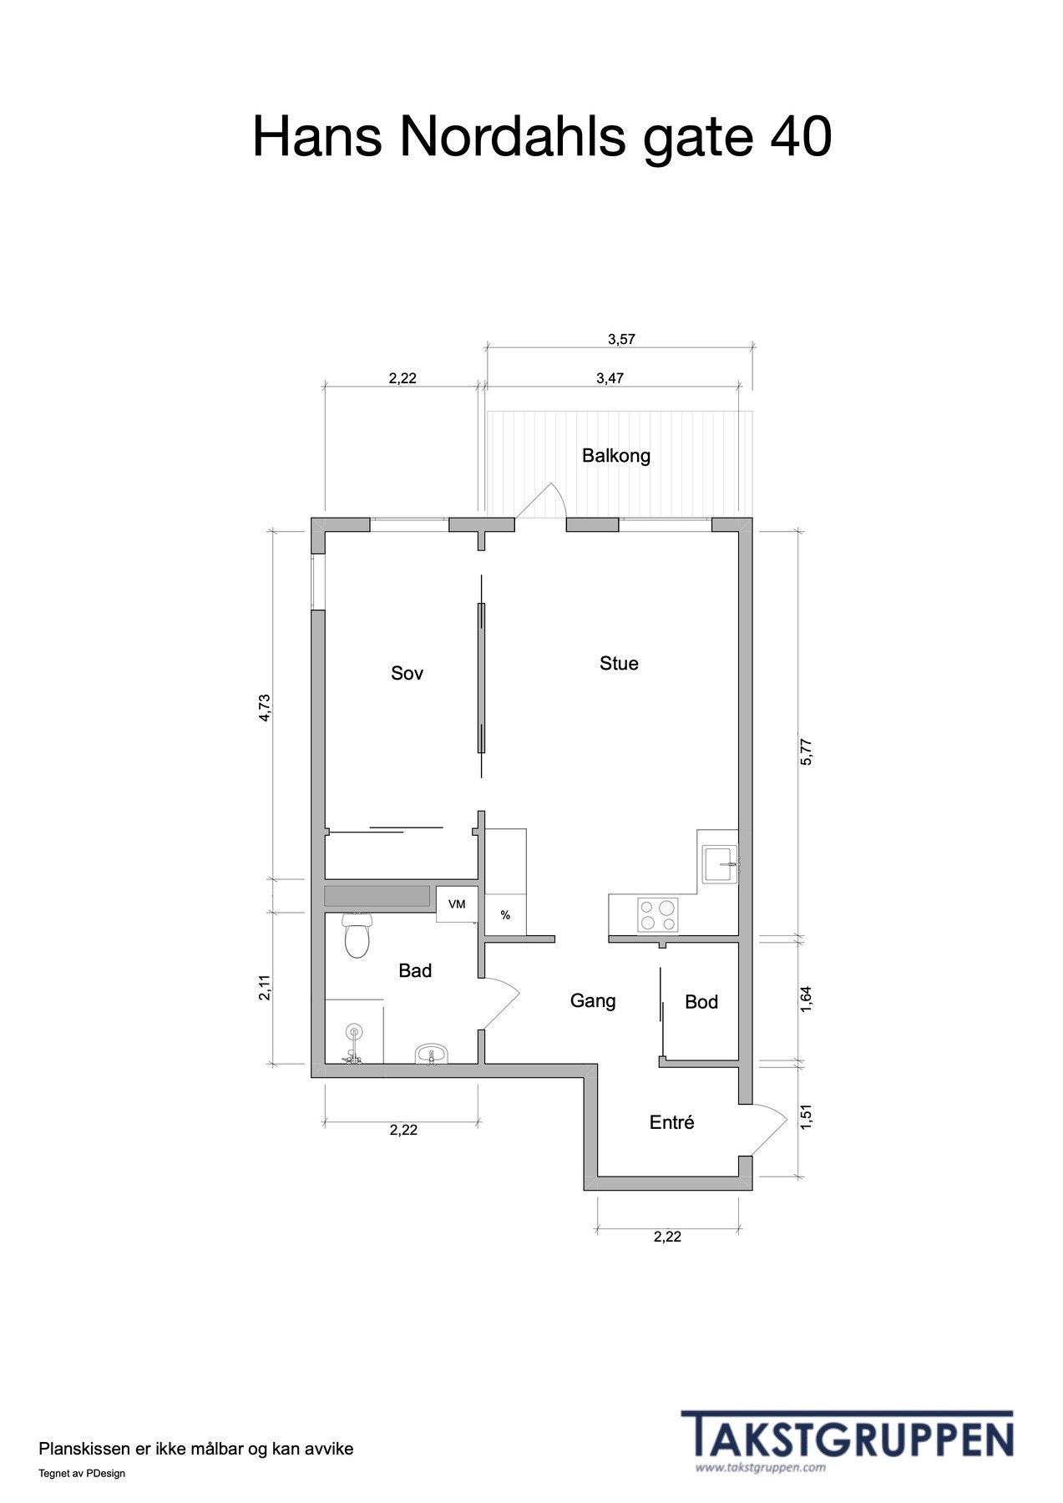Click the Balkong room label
click(615, 456)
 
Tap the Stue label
click(619, 664)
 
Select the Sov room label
click(407, 673)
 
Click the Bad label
click(415, 970)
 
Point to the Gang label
click(593, 1000)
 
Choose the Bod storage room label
click(701, 1002)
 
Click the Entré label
click(671, 1123)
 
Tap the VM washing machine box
click(457, 904)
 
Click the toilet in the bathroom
click(357, 935)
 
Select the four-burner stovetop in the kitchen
click(657, 913)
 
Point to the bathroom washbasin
click(432, 1054)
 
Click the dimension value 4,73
click(265, 706)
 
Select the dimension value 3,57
click(621, 339)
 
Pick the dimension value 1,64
click(806, 1000)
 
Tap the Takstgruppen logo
click(847, 1435)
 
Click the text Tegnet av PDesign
click(82, 1473)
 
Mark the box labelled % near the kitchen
click(505, 915)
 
